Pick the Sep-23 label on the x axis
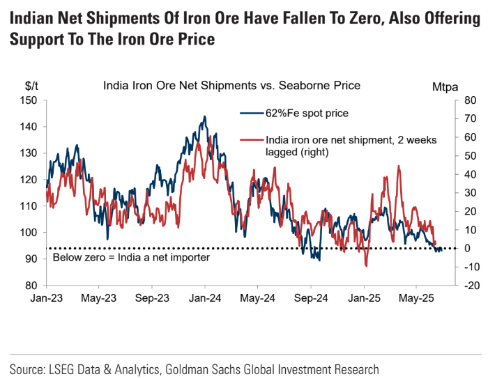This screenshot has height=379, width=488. click(151, 297)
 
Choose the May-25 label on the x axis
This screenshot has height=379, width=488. click(416, 297)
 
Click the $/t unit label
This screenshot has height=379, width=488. click(31, 86)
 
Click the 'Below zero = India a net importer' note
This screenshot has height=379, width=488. click(132, 258)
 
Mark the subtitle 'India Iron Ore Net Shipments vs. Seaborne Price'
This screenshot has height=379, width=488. click(231, 86)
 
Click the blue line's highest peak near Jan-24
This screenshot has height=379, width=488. click(204, 116)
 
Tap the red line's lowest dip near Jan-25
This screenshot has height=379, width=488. click(366, 266)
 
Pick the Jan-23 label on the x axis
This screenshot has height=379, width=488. click(46, 297)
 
